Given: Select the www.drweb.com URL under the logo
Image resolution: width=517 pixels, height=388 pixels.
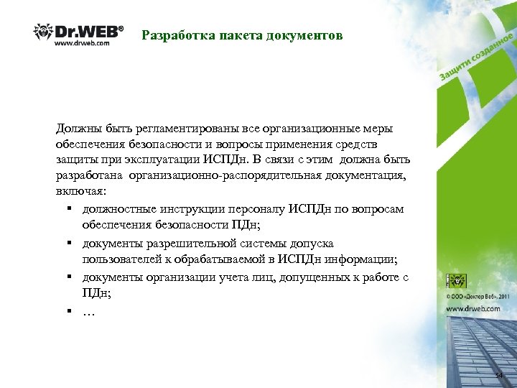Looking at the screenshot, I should pyautogui.click(x=82, y=44).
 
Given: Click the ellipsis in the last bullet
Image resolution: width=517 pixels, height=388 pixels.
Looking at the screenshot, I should pyautogui.click(x=89, y=311).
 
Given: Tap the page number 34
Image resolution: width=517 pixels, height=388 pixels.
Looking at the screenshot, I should pyautogui.click(x=500, y=377).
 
